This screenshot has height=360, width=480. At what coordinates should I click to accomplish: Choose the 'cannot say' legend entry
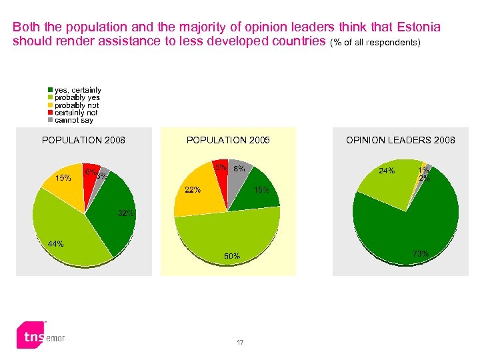73,120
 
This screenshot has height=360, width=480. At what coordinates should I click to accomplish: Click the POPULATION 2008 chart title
83,140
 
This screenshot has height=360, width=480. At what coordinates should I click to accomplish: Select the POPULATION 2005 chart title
228,140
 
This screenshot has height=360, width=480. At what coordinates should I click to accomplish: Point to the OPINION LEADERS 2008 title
400,140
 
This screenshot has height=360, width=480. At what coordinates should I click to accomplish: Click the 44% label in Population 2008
55,244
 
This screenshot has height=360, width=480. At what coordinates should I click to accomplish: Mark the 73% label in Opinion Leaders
420,253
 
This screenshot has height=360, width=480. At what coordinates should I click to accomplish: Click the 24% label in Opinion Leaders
387,171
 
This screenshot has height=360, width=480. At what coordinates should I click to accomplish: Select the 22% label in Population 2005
193,190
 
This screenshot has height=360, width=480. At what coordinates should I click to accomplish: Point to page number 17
240,343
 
